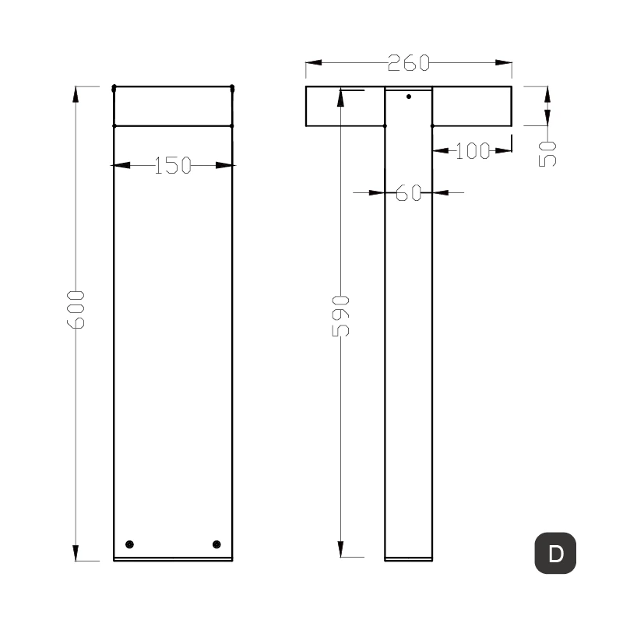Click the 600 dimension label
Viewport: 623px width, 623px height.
[x=76, y=308]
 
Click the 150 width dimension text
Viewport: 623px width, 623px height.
[x=172, y=165]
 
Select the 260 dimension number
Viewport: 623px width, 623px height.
[x=408, y=63]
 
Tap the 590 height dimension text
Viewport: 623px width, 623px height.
[x=341, y=315]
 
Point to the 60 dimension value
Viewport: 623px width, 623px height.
[x=408, y=192]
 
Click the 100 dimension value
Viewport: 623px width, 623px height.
[x=472, y=151]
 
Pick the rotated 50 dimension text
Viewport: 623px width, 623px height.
[x=548, y=153]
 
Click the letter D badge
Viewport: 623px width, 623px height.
[x=555, y=554]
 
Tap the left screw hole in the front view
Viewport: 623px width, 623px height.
[x=130, y=544]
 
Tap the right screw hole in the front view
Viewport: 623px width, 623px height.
[x=216, y=544]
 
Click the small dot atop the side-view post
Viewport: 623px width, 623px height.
[x=409, y=97]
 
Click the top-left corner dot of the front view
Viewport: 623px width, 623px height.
[x=114, y=87]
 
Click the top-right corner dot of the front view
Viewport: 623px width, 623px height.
[x=232, y=87]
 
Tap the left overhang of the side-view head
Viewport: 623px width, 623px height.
[x=345, y=106]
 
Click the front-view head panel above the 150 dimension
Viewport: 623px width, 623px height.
[x=173, y=106]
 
